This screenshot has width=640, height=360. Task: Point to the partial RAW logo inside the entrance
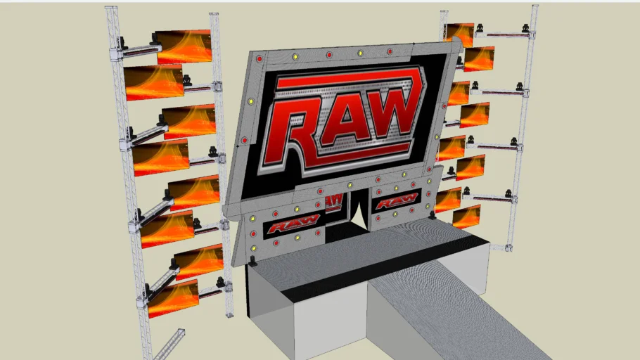[x=334, y=201]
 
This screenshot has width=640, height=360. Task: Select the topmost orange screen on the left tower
[x=184, y=46]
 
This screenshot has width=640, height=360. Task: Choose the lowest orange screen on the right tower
[x=466, y=217]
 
